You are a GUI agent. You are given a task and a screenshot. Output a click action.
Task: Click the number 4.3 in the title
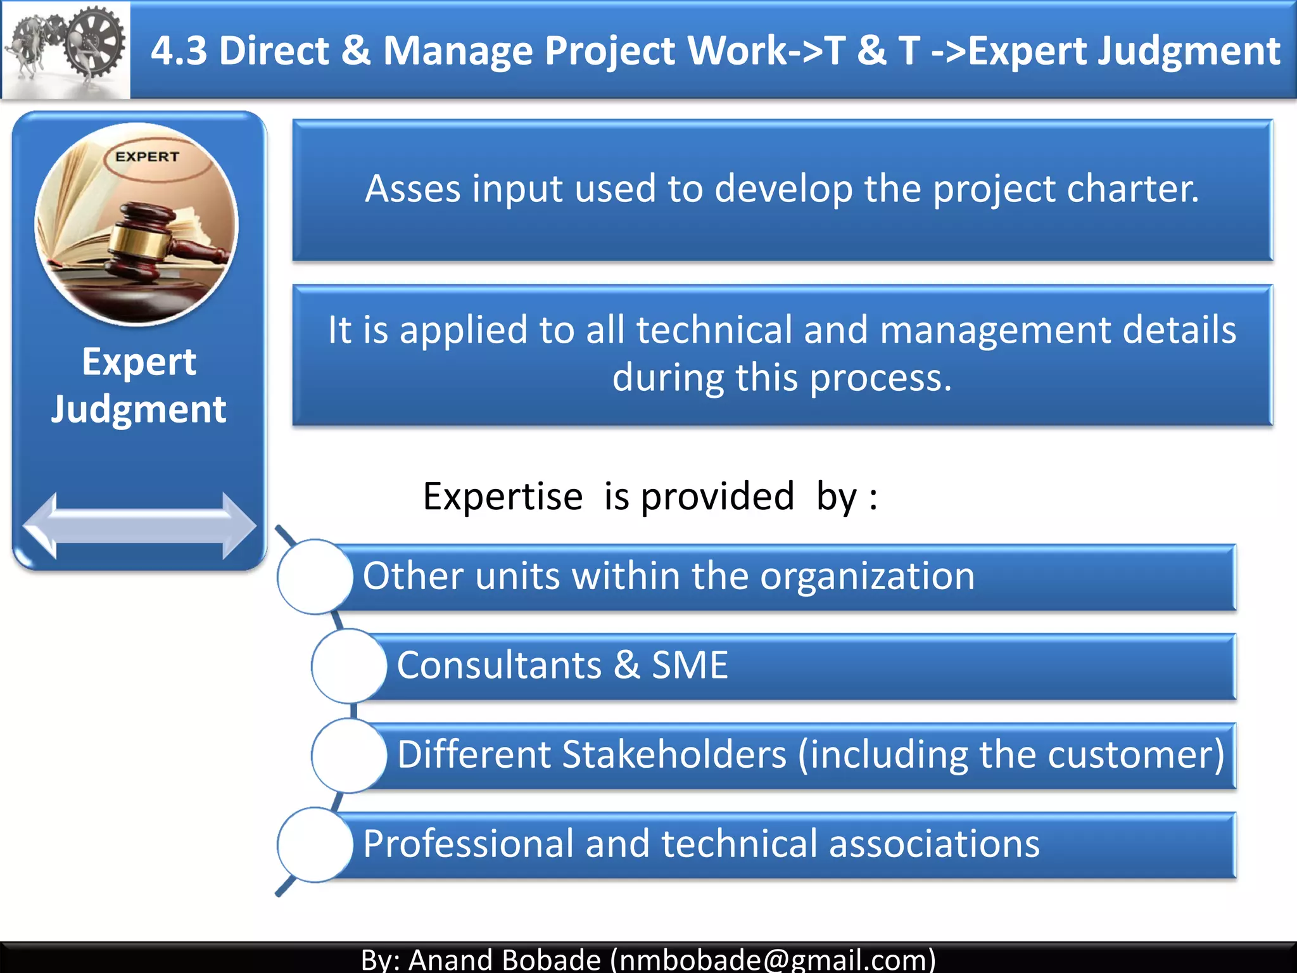pos(179,51)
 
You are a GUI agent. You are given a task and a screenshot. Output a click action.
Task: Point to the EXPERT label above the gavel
pos(147,156)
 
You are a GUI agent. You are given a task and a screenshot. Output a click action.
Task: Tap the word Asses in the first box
pos(412,189)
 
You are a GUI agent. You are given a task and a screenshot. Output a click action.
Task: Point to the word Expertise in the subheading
pos(502,496)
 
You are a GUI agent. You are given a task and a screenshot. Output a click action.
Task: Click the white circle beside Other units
pos(315,576)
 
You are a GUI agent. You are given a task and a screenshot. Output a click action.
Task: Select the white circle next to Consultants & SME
pos(349,666)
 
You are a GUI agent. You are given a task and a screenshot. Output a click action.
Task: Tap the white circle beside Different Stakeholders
pos(349,755)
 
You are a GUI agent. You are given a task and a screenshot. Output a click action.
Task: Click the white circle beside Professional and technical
pos(315,844)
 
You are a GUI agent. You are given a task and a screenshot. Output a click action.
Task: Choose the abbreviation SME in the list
pos(690,666)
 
